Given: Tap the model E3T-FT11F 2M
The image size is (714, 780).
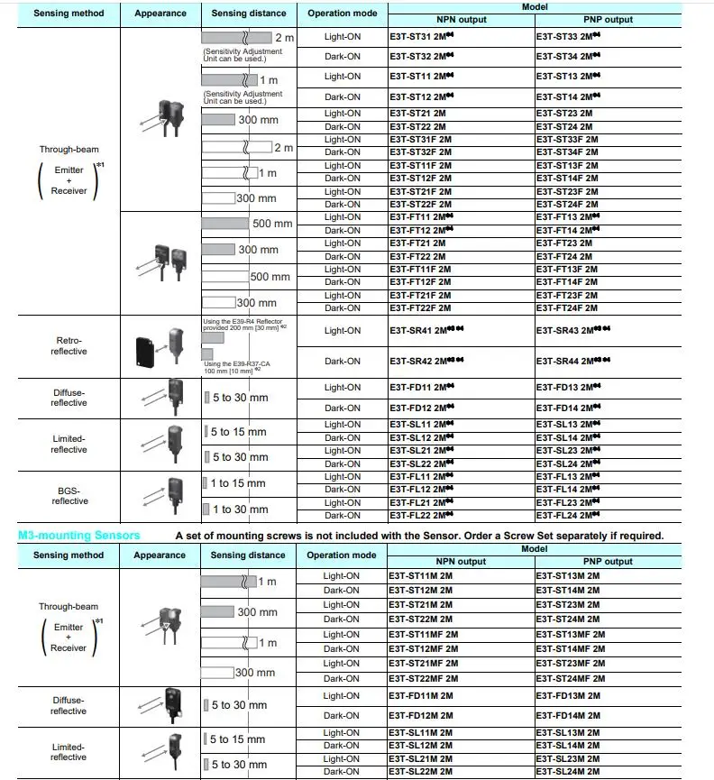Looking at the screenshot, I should pos(420,270).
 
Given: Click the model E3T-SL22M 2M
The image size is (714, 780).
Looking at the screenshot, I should pos(421,772).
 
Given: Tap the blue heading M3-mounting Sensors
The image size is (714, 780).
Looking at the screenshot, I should pos(79,536).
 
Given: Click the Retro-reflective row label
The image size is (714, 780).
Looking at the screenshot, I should pos(69,345).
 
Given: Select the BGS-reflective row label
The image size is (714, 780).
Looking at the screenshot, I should pos(69,495).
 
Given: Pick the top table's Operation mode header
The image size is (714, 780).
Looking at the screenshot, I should pos(342,14).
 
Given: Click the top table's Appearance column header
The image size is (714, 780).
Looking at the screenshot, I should pos(160,14).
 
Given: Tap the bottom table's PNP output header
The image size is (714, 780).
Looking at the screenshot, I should pos(607,562).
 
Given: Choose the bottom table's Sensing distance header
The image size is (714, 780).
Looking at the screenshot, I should pos(248,555).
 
